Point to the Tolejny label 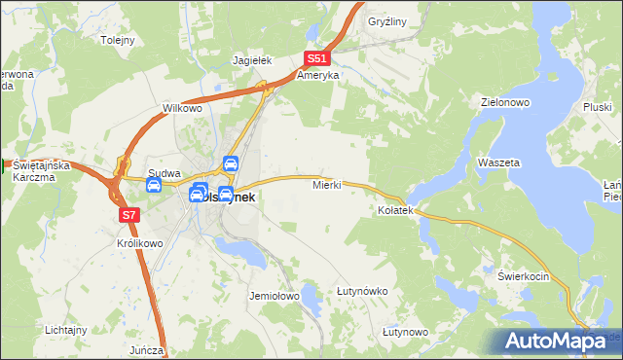click(118, 41)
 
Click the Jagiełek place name click(250, 59)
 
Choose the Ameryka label click(317, 75)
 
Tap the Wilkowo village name click(182, 108)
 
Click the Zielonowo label click(504, 101)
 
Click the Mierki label click(326, 184)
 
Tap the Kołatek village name click(396, 210)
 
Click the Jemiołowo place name click(273, 295)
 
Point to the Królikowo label click(137, 243)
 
